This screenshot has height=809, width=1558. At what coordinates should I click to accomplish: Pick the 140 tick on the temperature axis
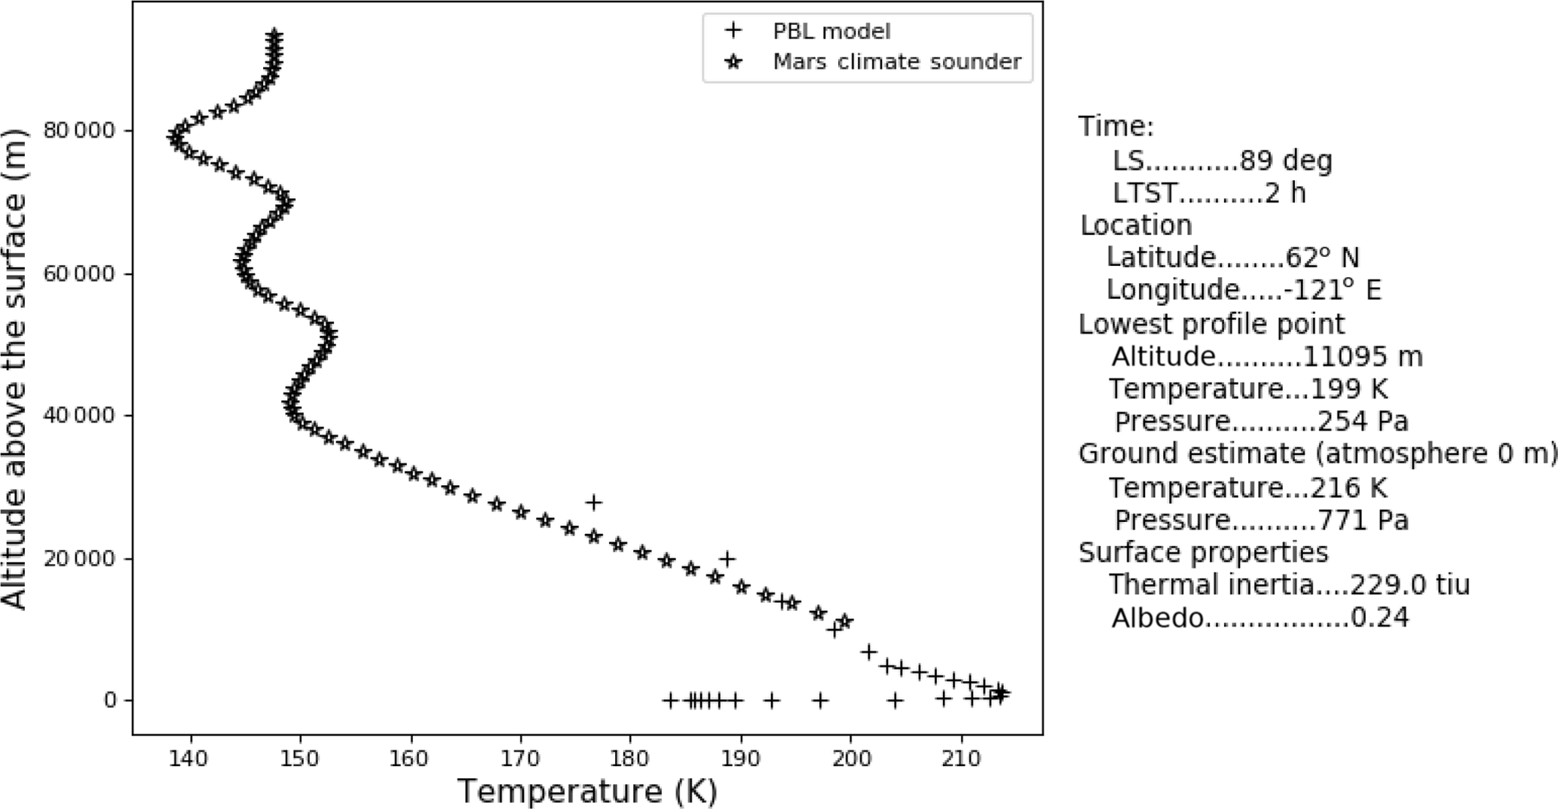click(x=190, y=758)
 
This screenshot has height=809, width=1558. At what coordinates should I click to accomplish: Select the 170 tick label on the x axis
click(x=520, y=758)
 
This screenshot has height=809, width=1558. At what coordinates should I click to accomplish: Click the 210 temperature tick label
click(x=961, y=758)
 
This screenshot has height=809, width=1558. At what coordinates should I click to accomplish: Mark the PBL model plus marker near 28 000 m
click(x=594, y=502)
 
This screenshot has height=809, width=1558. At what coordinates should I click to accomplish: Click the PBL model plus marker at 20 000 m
click(x=727, y=558)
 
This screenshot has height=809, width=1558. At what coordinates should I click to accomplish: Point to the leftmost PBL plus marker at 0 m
click(x=669, y=701)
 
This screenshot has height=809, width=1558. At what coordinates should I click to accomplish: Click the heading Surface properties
click(x=1203, y=552)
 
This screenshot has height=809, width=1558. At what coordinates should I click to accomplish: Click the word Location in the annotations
click(x=1136, y=225)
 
